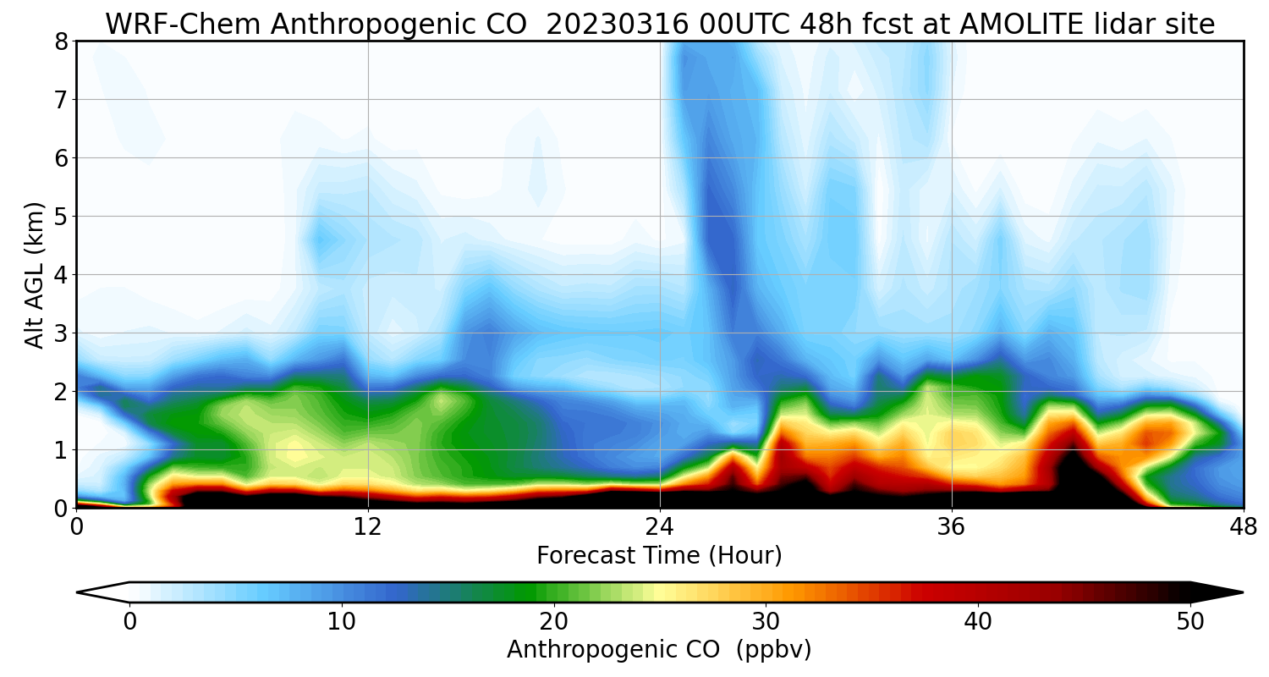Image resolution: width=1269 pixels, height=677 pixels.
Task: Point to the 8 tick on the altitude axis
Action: (61, 41)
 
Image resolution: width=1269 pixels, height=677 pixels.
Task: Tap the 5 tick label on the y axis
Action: (61, 217)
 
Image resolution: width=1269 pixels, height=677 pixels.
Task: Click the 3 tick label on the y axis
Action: (61, 333)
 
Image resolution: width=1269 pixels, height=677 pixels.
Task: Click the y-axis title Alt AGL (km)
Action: (35, 275)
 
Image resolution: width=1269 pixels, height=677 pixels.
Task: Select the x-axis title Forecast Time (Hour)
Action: (659, 556)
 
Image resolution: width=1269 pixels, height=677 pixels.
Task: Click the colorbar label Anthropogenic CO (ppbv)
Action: (659, 649)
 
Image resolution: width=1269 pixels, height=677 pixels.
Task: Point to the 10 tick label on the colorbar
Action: (342, 621)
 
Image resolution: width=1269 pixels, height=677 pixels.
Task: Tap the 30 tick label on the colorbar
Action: (766, 621)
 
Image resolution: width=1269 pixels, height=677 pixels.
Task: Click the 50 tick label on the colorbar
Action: (1190, 621)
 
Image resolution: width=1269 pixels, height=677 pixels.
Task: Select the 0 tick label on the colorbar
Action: (129, 621)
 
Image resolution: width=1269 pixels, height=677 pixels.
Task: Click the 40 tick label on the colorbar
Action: (978, 621)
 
